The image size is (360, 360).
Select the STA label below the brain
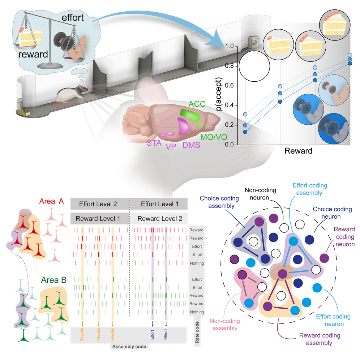154,143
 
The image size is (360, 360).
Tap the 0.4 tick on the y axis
229,106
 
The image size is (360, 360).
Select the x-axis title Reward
298,151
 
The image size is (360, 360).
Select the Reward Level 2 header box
159,218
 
